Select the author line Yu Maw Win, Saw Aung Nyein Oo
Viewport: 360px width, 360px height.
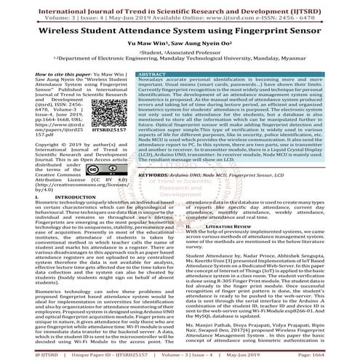pyautogui.click(x=180, y=46)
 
